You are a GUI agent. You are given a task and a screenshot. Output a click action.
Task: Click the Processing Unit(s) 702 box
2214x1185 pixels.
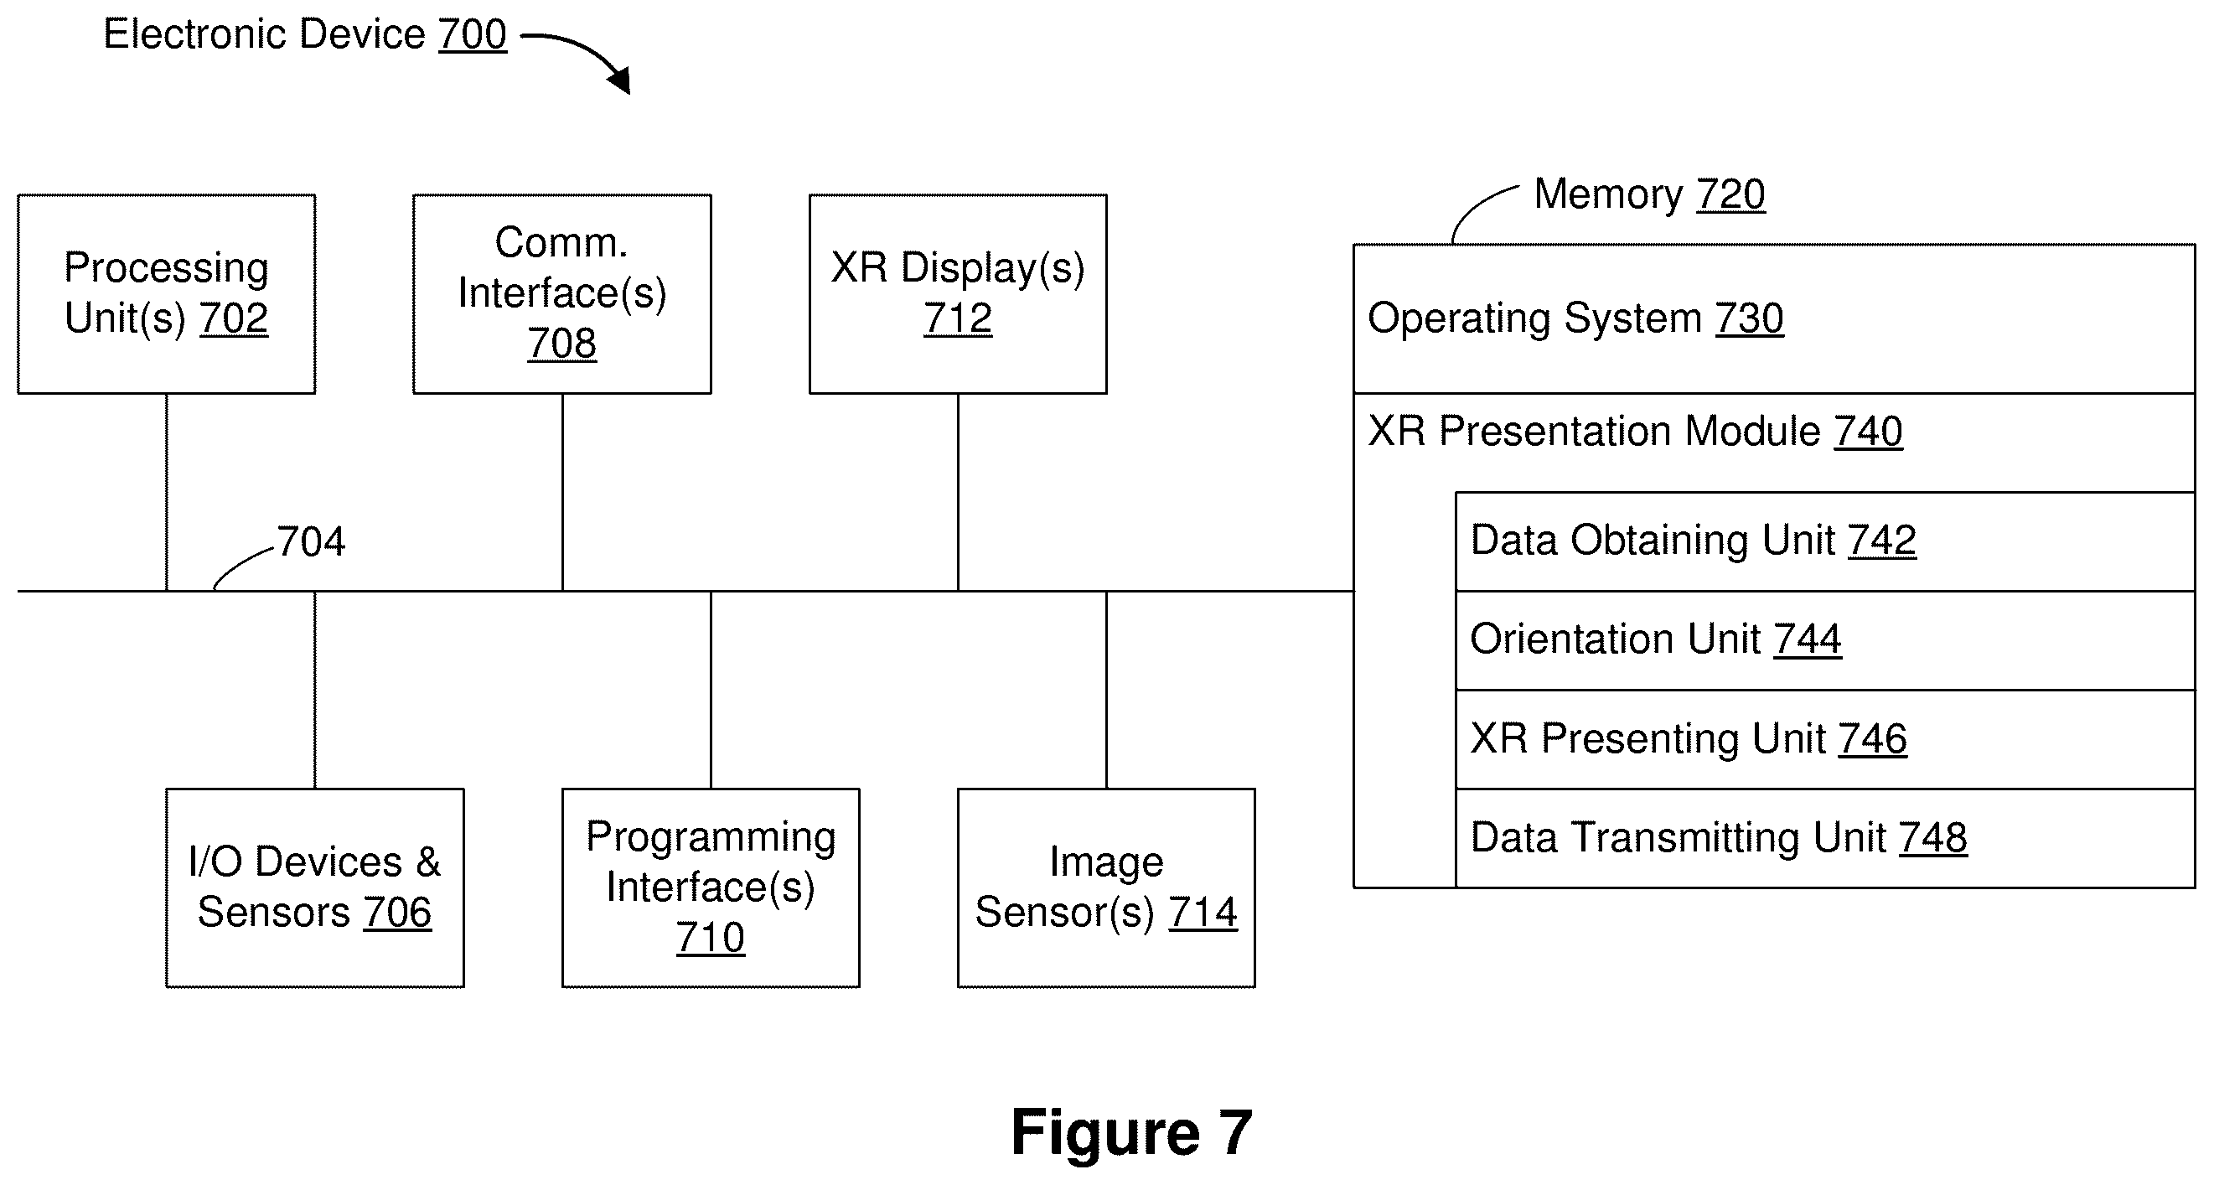pos(167,294)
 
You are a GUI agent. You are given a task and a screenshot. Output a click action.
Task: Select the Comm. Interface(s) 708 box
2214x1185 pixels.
pos(562,294)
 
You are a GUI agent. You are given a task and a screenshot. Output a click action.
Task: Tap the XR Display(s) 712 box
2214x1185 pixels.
pos(959,294)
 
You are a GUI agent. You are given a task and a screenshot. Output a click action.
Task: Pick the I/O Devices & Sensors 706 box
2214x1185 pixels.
pos(314,887)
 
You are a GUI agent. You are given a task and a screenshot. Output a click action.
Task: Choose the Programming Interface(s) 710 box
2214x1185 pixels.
pos(711,887)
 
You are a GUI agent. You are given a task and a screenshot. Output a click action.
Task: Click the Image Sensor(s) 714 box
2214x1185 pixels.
pos(1106,887)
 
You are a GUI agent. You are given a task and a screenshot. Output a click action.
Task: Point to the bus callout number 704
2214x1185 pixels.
pos(310,541)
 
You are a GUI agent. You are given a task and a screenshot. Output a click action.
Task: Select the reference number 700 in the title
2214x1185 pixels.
pos(473,34)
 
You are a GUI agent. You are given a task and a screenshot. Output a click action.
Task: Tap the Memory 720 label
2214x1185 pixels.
pos(1649,194)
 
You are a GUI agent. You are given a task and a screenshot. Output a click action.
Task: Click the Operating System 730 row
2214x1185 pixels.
pos(1774,318)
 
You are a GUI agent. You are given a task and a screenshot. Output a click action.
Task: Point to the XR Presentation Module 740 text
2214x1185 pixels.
pos(1635,432)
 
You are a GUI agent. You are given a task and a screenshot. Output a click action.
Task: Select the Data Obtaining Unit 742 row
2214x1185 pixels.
pos(1825,541)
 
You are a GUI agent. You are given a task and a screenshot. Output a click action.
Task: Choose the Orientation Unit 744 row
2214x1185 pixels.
pos(1825,640)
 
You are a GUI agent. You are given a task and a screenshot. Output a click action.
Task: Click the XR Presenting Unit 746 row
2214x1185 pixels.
pos(1825,739)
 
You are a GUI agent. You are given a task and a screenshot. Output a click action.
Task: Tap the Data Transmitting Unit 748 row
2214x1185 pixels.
pos(1825,838)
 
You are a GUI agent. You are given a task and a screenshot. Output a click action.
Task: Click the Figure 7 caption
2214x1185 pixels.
pos(1131,1132)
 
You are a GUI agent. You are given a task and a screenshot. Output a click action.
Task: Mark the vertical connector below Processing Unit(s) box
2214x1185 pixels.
pos(167,493)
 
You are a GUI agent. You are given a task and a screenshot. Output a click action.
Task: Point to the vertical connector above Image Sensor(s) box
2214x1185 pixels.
pos(1106,690)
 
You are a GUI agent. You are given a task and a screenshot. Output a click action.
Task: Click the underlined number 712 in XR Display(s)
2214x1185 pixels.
pos(959,318)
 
